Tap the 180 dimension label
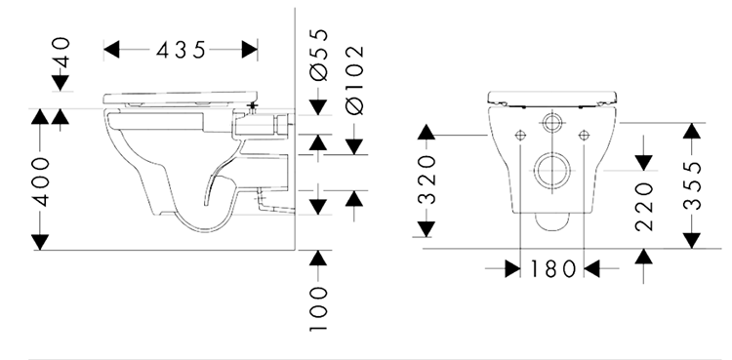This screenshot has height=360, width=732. (553, 267)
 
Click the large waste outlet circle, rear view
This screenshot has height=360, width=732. (553, 171)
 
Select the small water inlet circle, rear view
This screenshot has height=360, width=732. (553, 123)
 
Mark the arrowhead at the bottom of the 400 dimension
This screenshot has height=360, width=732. (39, 241)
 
